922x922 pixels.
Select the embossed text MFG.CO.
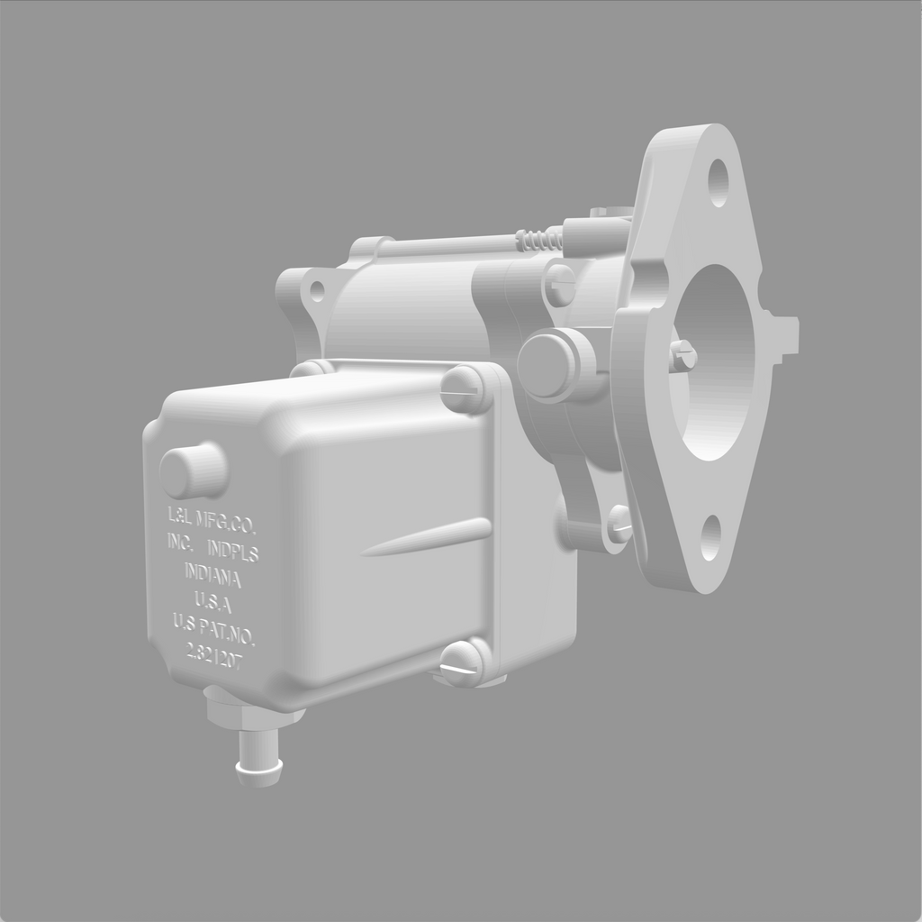click(x=225, y=521)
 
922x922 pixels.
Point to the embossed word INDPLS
click(x=232, y=550)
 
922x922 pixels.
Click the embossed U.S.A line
click(x=213, y=600)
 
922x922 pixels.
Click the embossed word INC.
click(x=180, y=543)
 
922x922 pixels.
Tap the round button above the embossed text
click(x=193, y=470)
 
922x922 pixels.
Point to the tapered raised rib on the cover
click(x=428, y=538)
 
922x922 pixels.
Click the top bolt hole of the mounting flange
click(x=718, y=182)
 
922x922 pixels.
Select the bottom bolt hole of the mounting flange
click(x=710, y=538)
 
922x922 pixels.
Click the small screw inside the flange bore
click(x=682, y=355)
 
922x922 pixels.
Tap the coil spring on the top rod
click(x=538, y=240)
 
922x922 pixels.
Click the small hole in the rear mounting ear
click(x=316, y=291)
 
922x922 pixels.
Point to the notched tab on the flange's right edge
click(x=784, y=335)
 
